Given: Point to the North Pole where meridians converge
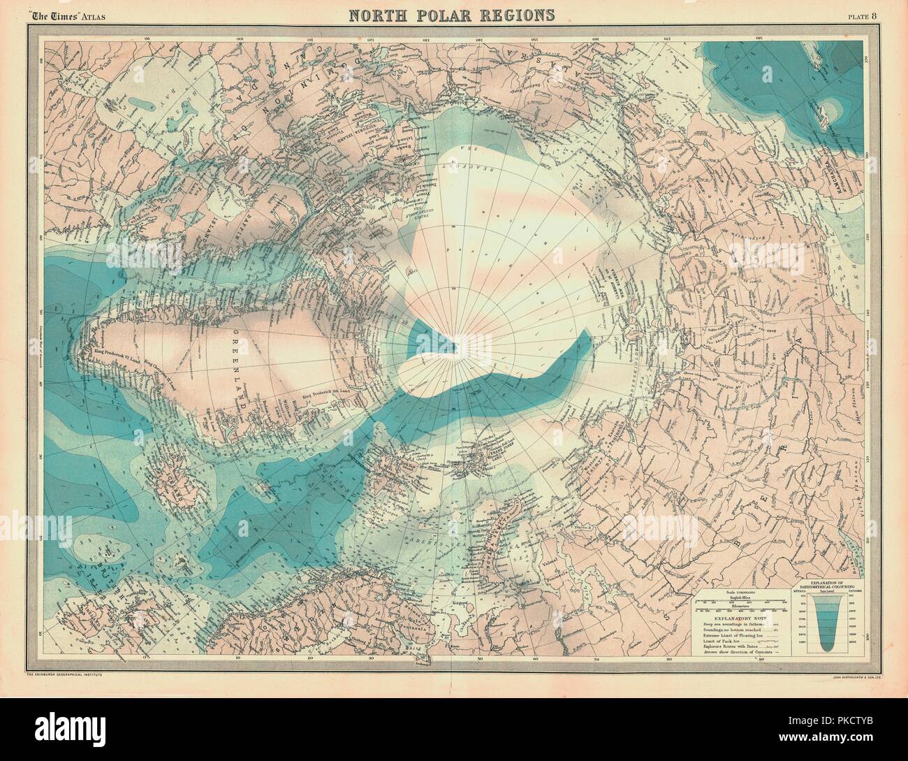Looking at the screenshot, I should click(455, 342).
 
